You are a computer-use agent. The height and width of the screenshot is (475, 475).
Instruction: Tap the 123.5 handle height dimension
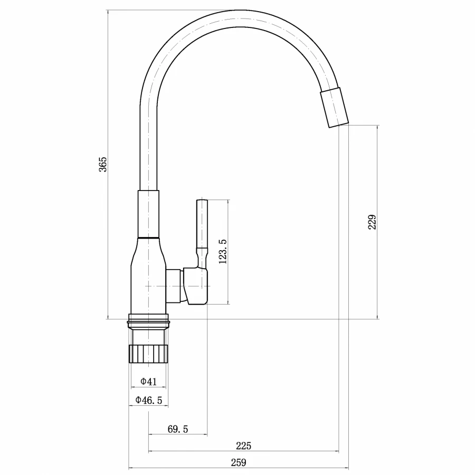click(x=222, y=251)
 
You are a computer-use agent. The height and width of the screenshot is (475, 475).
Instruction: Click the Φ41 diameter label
click(x=148, y=382)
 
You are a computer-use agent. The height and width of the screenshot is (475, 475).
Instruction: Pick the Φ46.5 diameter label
click(x=148, y=400)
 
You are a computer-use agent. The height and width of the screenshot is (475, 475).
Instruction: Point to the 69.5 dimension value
click(x=178, y=429)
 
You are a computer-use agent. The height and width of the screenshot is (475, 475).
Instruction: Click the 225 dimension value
click(x=243, y=446)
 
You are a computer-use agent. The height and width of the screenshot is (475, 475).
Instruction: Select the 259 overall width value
click(x=239, y=463)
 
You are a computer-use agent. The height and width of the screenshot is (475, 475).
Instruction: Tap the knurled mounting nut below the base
click(x=148, y=353)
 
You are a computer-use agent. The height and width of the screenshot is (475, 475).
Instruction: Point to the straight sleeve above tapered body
click(x=148, y=214)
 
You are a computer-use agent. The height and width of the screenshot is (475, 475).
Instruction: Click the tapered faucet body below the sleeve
click(x=148, y=274)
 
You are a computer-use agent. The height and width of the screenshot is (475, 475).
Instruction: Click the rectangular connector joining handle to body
click(x=174, y=286)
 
